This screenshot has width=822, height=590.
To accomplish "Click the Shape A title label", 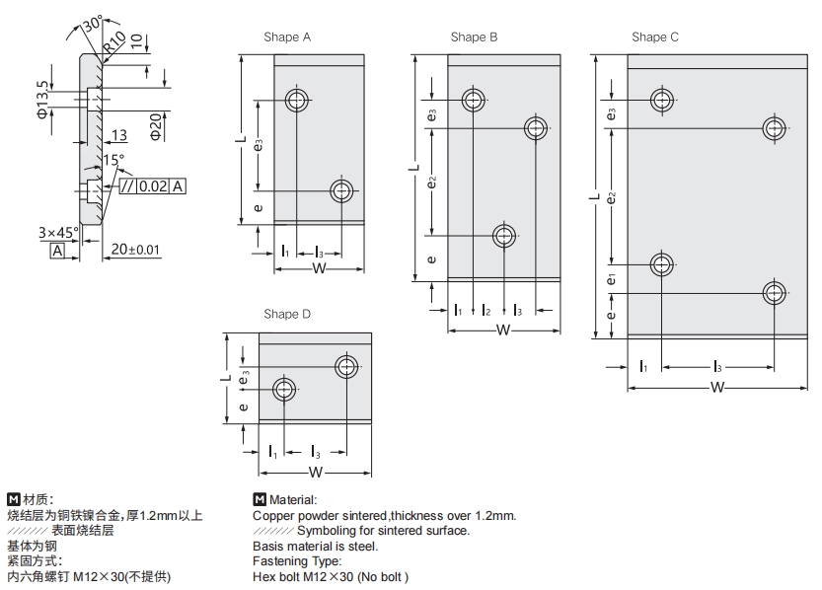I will click(x=287, y=37).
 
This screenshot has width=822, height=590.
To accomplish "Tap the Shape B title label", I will click(x=474, y=37).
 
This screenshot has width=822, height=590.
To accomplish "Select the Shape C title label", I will click(x=655, y=37).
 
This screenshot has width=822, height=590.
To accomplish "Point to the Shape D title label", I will click(x=287, y=315).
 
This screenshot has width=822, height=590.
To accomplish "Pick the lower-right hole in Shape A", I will click(x=342, y=190).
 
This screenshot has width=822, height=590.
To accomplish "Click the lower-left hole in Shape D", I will click(x=284, y=388).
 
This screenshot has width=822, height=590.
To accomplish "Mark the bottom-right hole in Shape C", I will click(x=775, y=292).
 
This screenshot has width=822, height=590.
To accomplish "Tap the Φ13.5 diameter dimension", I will click(x=41, y=100).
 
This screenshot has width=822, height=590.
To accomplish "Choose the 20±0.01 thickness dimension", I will click(x=135, y=250).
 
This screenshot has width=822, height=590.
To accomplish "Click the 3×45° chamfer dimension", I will click(x=58, y=233).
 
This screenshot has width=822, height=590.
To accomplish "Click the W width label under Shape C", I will click(x=717, y=388).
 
